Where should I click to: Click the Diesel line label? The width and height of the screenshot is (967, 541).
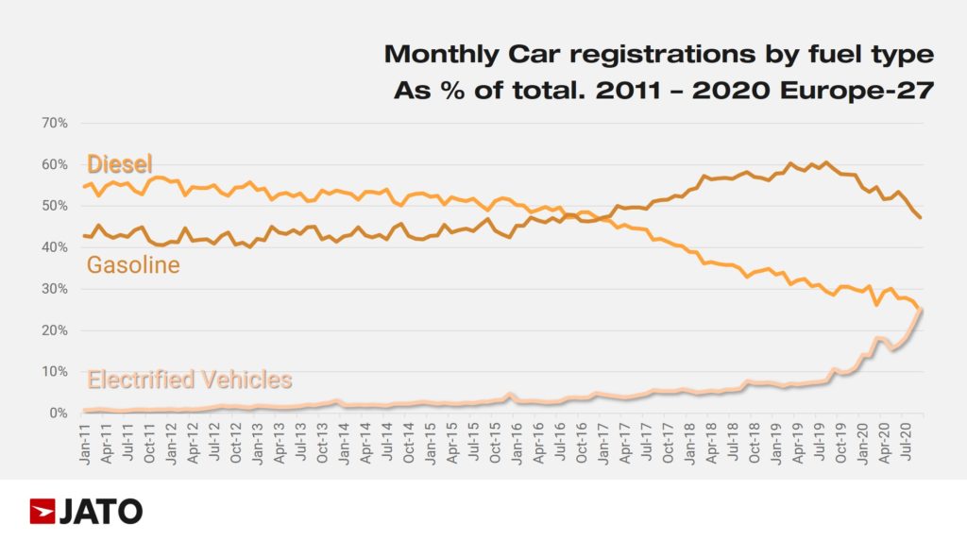pyautogui.click(x=120, y=164)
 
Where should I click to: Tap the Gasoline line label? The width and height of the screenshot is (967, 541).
pyautogui.click(x=133, y=265)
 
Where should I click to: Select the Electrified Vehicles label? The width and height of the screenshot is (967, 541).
pyautogui.click(x=190, y=380)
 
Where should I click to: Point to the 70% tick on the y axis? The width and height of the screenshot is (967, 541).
pyautogui.click(x=53, y=123)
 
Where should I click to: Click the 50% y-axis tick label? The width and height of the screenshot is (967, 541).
pyautogui.click(x=53, y=206)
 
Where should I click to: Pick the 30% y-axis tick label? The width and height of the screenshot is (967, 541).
pyautogui.click(x=53, y=289)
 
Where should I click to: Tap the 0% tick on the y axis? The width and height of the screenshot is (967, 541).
pyautogui.click(x=57, y=414)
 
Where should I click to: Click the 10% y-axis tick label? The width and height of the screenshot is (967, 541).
pyautogui.click(x=53, y=372)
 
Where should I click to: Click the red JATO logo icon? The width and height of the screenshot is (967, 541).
pyautogui.click(x=42, y=512)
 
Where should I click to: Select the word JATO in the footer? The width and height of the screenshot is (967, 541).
pyautogui.click(x=100, y=512)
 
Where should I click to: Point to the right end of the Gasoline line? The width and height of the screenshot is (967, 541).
pyautogui.click(x=921, y=218)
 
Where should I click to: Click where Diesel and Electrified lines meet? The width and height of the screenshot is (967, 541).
pyautogui.click(x=921, y=309)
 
